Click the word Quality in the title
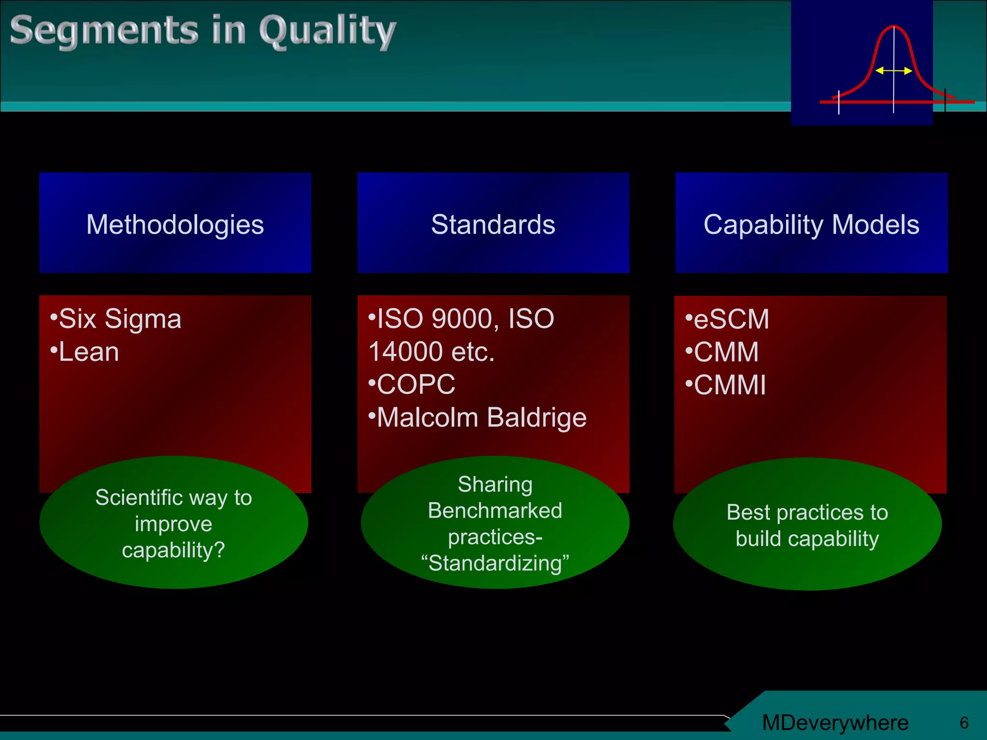coord(327,31)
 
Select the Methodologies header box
coord(175,224)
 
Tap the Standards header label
coord(493,225)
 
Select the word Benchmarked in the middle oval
coord(495,511)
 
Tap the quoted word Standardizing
coord(495,563)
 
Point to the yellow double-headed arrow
coord(893,71)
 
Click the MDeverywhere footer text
coord(835,723)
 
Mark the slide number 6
coord(964,723)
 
